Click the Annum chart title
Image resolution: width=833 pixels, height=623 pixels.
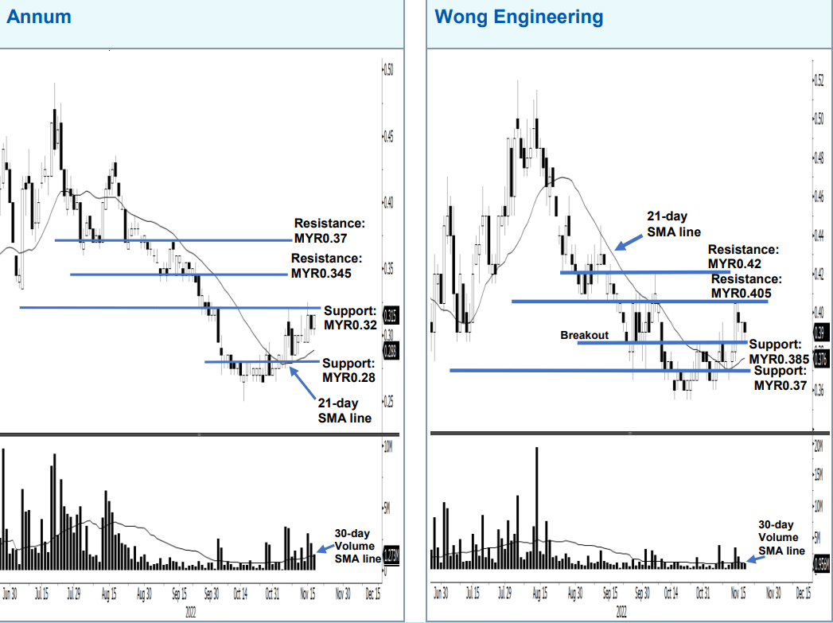click(38, 17)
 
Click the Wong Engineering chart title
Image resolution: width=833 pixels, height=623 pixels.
click(519, 17)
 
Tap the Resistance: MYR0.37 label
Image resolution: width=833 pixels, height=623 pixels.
click(328, 231)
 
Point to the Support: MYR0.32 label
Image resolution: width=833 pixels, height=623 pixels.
click(349, 317)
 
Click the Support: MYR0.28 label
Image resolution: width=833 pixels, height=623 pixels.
click(348, 370)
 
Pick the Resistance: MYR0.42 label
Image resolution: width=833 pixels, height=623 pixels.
click(743, 256)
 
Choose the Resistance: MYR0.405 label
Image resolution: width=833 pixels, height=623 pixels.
click(746, 286)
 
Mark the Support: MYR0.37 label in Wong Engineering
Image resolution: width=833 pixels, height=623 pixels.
click(780, 379)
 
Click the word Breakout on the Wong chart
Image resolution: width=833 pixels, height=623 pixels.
click(584, 336)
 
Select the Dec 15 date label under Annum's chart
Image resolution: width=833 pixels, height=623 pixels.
click(372, 594)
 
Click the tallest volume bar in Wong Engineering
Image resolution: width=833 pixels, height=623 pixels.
click(537, 508)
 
